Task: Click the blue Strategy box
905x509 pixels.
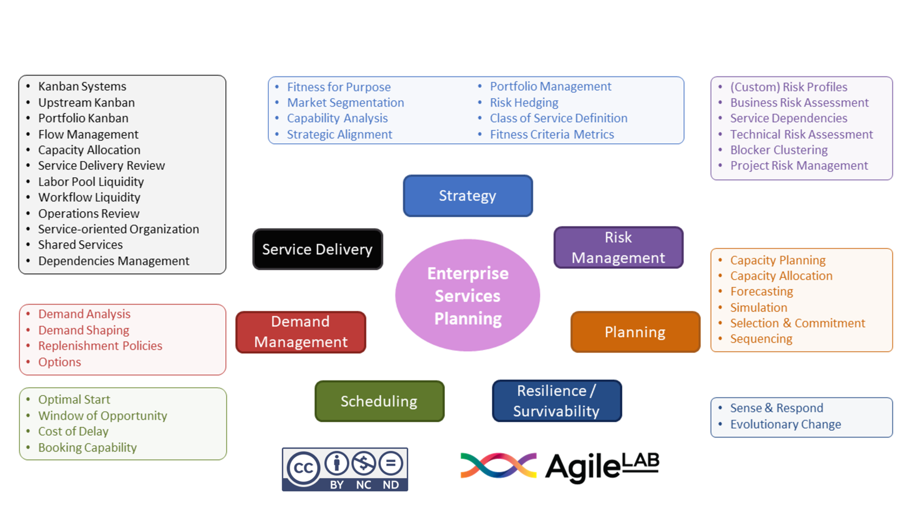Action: coord(468,196)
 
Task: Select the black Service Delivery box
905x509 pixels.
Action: coord(317,249)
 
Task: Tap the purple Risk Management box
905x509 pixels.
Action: coord(618,247)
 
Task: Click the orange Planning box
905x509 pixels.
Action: coord(635,332)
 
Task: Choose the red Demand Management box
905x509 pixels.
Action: coord(301,332)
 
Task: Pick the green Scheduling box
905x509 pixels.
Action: coord(379,401)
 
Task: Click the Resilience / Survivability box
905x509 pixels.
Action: coord(556,401)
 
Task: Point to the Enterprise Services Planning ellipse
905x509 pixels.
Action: coord(468,295)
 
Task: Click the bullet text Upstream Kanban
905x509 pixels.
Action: coord(86,102)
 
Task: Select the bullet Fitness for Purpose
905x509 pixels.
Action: coord(338,87)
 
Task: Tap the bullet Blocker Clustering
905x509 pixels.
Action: coord(778,150)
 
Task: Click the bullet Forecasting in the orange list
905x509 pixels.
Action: coord(761,291)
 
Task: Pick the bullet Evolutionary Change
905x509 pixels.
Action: coord(785,424)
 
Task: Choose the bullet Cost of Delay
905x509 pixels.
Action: coord(73,431)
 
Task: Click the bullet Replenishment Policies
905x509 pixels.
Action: coord(100,346)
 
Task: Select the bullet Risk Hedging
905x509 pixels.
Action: coord(524,102)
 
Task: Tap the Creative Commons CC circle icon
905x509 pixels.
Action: coord(303,468)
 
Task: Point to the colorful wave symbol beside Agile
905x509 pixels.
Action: coord(498,465)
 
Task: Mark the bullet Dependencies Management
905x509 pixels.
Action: coord(114,261)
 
